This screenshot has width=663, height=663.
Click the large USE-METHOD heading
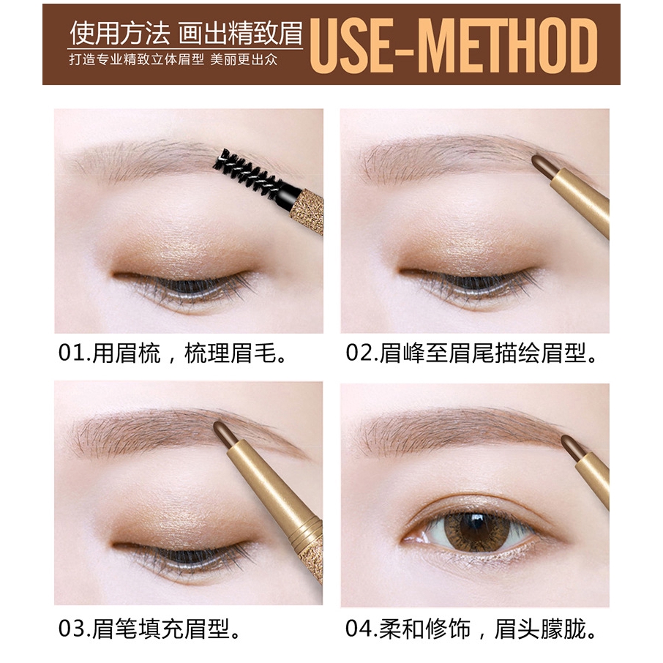coord(453,45)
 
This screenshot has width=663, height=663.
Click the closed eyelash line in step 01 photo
coord(187,281)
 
